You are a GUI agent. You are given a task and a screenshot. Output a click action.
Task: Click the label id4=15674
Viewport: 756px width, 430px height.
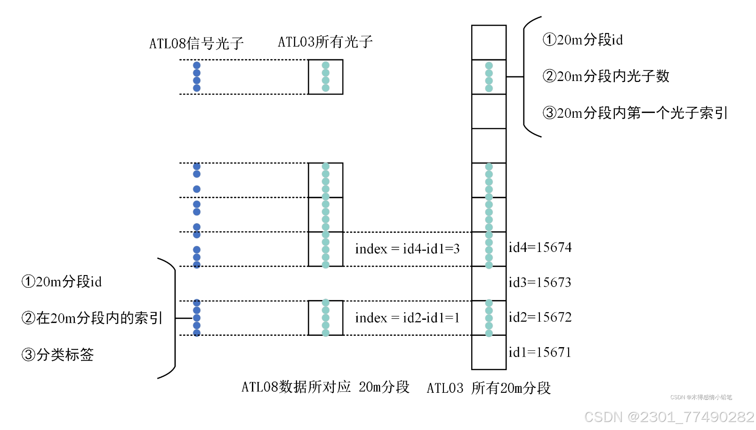(540, 247)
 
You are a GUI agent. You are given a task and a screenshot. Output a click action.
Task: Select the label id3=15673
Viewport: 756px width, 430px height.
(540, 282)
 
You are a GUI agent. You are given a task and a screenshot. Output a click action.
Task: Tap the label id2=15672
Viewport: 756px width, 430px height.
(540, 317)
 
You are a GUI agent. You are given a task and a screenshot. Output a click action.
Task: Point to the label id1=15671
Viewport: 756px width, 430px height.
(540, 352)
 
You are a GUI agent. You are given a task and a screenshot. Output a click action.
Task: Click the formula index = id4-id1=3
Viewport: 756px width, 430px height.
(407, 249)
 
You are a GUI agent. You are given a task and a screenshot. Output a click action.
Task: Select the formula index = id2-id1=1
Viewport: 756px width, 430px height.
(407, 318)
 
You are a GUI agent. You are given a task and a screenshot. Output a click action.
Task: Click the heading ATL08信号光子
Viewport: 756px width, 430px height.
(196, 43)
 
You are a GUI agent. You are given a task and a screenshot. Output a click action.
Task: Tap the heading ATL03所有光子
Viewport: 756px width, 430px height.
(325, 42)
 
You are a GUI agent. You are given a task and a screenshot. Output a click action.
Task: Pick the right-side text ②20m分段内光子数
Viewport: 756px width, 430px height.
(606, 76)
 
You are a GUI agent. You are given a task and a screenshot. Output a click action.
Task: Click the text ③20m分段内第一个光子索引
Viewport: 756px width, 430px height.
(635, 113)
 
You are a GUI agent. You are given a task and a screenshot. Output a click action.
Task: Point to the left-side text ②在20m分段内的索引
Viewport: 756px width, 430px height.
(92, 318)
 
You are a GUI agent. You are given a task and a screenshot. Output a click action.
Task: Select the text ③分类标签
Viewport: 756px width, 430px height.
(57, 355)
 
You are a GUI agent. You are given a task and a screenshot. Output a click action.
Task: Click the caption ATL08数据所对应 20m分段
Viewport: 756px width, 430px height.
(325, 387)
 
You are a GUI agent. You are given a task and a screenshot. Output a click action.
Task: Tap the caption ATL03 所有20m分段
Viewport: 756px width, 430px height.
(489, 388)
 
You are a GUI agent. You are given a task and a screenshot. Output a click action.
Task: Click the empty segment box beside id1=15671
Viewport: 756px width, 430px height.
(489, 352)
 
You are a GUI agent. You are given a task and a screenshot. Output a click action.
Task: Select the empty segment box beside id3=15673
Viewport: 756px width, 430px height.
(489, 283)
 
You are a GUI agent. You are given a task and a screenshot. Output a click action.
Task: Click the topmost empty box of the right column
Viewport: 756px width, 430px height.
(489, 42)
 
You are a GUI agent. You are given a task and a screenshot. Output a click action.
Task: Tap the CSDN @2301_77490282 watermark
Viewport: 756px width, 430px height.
(669, 417)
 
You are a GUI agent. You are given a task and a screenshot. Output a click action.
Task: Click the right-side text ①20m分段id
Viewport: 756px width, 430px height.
(583, 40)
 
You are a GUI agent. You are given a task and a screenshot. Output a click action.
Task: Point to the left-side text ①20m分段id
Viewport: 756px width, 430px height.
(62, 282)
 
